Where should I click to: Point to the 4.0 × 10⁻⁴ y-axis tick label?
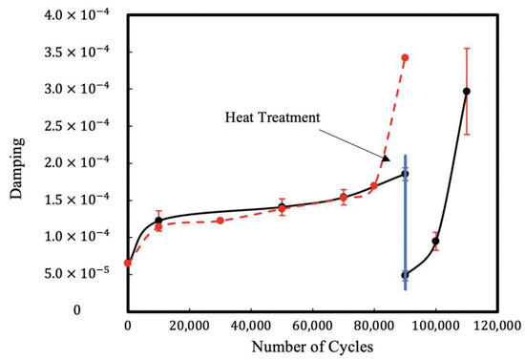pos(79,15)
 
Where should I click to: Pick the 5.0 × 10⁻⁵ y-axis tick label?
pos(79,273)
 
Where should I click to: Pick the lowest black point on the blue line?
pos(405,275)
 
